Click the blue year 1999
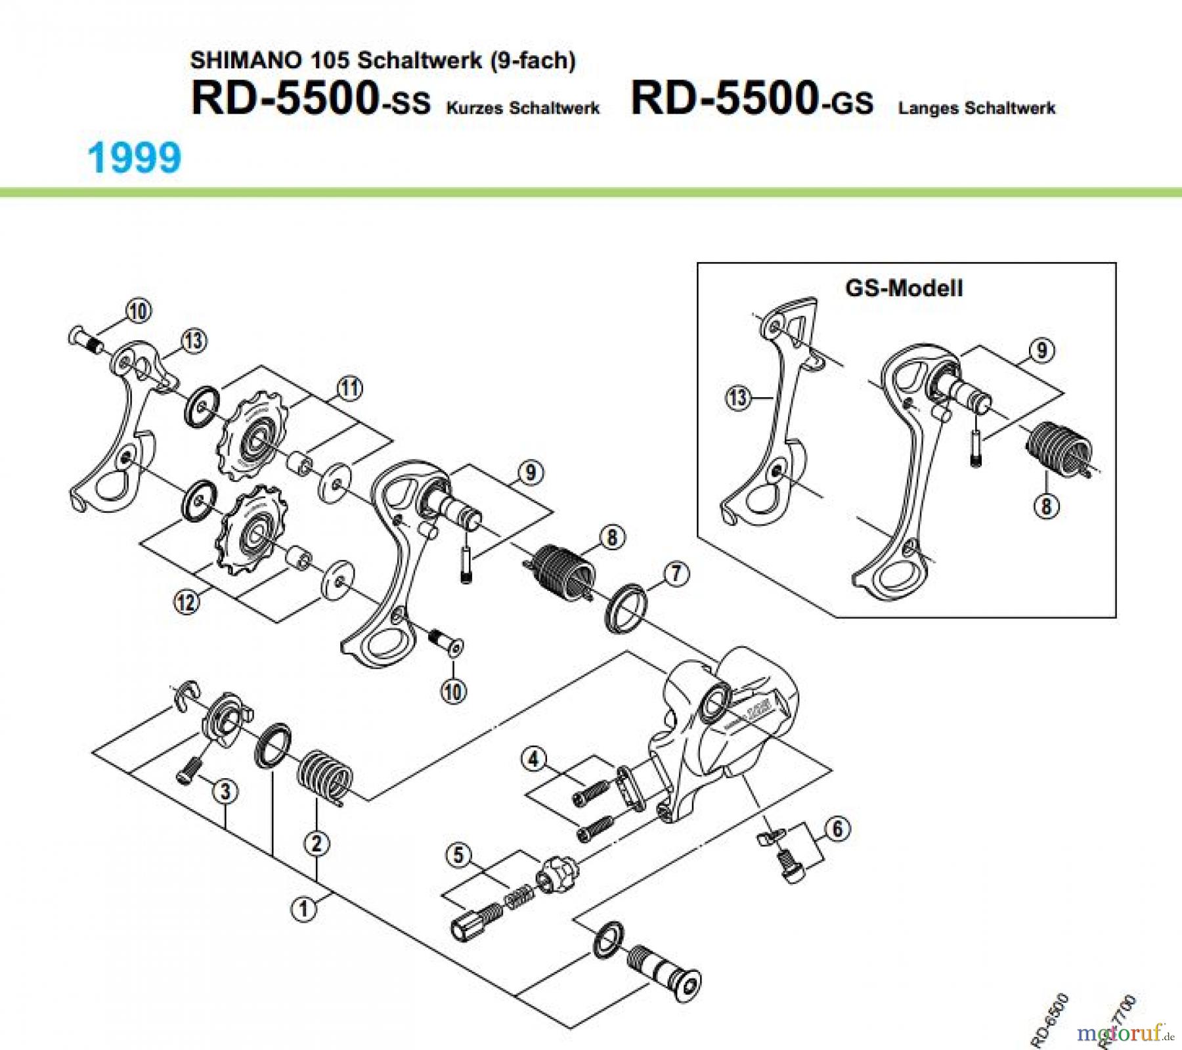[134, 158]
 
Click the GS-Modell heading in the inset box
[904, 288]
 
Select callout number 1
[303, 909]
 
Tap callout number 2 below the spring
[317, 843]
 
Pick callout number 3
[225, 791]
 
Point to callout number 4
[533, 760]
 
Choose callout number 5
[459, 855]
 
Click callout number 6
[837, 829]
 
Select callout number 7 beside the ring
[676, 574]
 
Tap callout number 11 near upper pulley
[349, 388]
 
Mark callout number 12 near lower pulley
[186, 602]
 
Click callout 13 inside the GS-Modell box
[738, 397]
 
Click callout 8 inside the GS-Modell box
[1046, 506]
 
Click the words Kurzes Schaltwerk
[523, 108]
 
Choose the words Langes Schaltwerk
[976, 108]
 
